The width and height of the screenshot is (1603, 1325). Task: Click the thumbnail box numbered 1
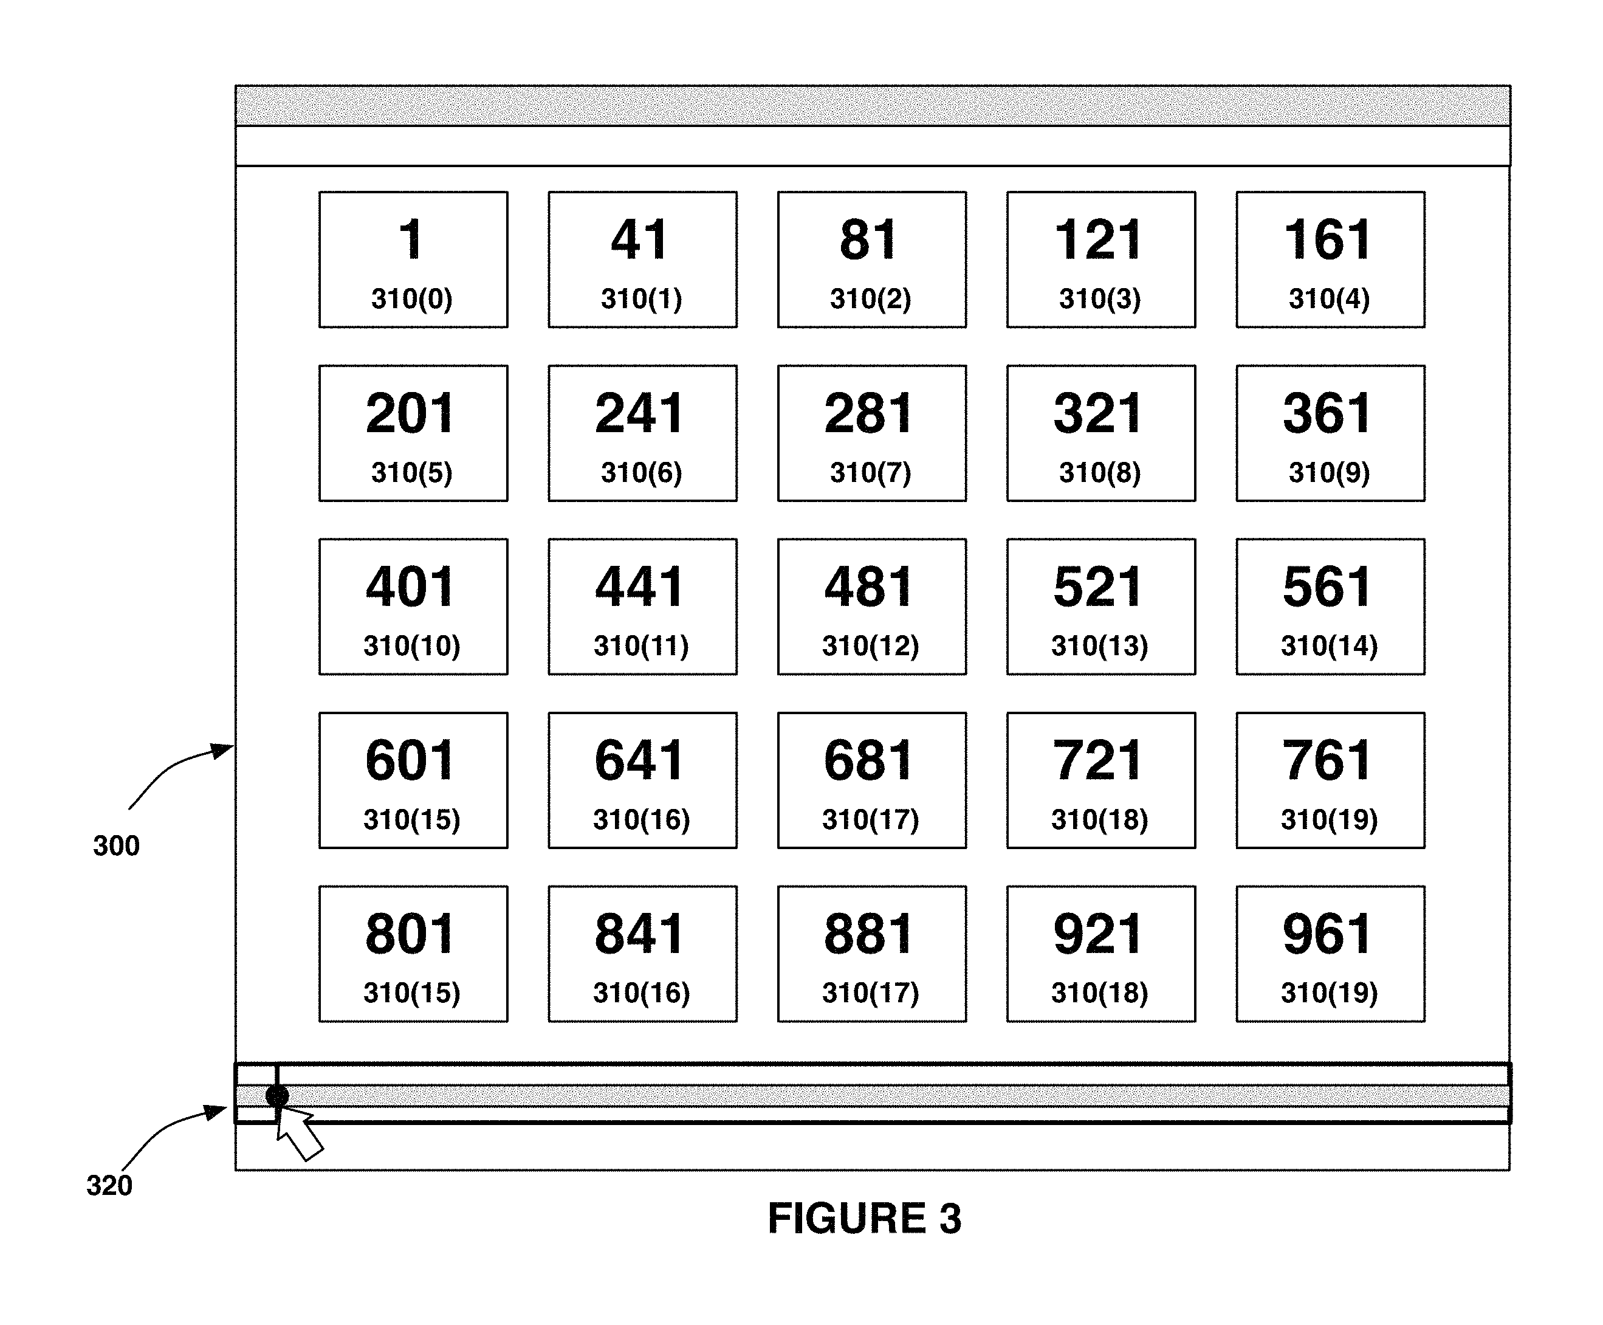pyautogui.click(x=413, y=260)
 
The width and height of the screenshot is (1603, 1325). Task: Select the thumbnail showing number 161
pyautogui.click(x=1330, y=260)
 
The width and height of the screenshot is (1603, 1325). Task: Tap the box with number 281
pyautogui.click(x=871, y=433)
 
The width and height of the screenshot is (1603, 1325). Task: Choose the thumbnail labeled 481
pyautogui.click(x=871, y=607)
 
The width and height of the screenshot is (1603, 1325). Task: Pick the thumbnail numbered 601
pyautogui.click(x=413, y=780)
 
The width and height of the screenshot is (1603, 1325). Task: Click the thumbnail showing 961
pyautogui.click(x=1330, y=953)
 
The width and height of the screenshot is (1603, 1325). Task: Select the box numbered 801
pyautogui.click(x=413, y=953)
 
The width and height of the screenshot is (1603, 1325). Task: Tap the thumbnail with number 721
pyautogui.click(x=1101, y=780)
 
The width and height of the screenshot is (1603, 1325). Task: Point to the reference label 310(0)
pyautogui.click(x=412, y=298)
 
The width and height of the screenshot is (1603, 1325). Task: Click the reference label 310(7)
pyautogui.click(x=871, y=472)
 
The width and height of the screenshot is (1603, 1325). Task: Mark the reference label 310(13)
pyautogui.click(x=1099, y=645)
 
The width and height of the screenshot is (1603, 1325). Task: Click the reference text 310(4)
pyautogui.click(x=1329, y=298)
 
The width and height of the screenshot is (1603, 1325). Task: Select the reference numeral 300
pyautogui.click(x=117, y=845)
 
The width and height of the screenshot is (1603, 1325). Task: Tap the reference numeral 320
pyautogui.click(x=109, y=1185)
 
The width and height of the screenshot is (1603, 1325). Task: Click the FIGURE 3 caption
pyautogui.click(x=865, y=1218)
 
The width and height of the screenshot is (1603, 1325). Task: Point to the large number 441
pyautogui.click(x=639, y=587)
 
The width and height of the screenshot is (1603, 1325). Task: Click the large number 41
pyautogui.click(x=639, y=239)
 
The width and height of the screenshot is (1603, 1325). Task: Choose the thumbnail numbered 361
pyautogui.click(x=1330, y=433)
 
